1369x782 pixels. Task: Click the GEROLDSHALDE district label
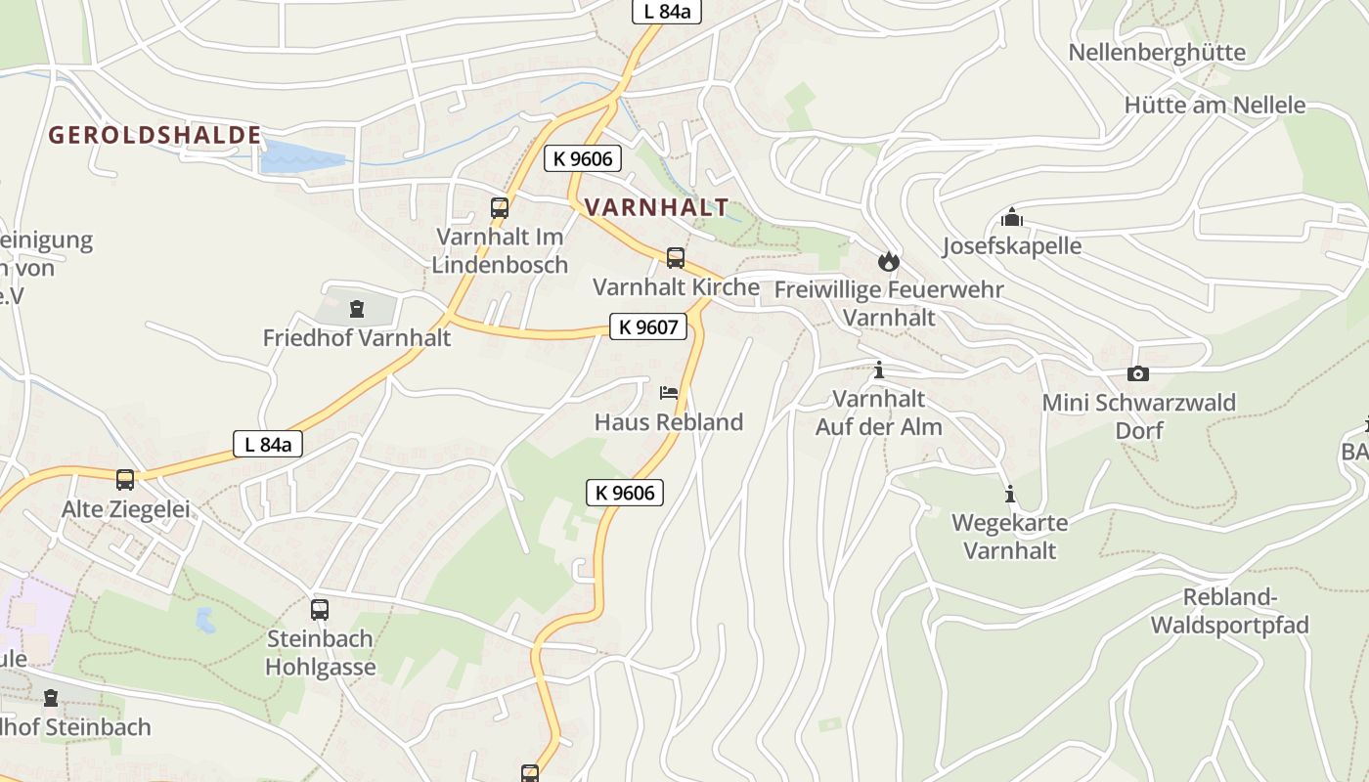click(155, 135)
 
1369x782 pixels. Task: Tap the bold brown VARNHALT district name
click(656, 207)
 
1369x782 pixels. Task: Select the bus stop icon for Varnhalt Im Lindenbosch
click(500, 207)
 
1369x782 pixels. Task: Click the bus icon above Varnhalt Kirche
click(676, 258)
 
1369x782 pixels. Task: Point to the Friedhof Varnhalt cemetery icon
click(357, 310)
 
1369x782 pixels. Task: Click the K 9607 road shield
click(648, 326)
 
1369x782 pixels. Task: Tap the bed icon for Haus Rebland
click(669, 393)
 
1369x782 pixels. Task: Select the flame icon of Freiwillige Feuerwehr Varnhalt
click(889, 261)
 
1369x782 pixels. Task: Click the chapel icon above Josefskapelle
click(1012, 217)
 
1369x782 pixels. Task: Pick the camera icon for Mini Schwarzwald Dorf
click(1138, 373)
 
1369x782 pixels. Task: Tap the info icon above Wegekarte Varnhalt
click(1010, 494)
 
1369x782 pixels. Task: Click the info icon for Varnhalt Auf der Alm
click(879, 370)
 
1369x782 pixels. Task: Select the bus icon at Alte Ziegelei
click(125, 480)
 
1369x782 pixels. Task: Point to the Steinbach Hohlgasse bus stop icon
click(320, 610)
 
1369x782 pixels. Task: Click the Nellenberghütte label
click(1157, 52)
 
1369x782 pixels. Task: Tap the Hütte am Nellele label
click(1214, 105)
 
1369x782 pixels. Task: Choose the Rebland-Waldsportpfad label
click(1229, 611)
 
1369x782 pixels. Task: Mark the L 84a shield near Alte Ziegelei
click(268, 444)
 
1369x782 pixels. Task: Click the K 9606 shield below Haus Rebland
click(625, 493)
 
